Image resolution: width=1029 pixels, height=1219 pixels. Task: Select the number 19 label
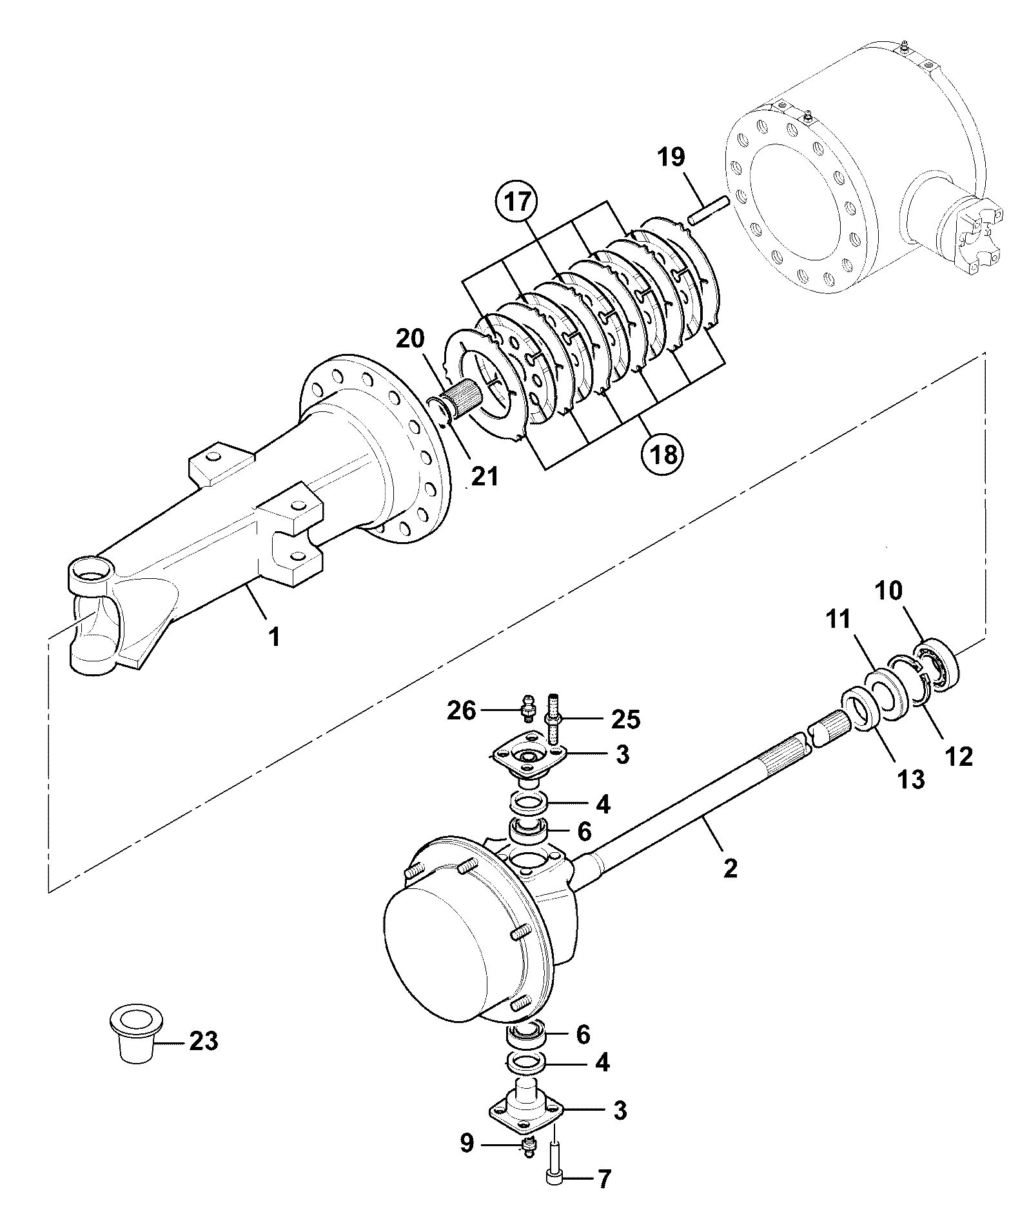coord(671,157)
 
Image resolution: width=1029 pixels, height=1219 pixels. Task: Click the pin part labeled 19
coord(709,210)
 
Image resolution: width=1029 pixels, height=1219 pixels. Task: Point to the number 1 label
coord(275,638)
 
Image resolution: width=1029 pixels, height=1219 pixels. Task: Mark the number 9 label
coord(467,1143)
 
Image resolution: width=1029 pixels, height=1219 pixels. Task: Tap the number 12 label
coord(958,756)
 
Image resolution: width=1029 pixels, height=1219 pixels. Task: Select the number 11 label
coord(838,621)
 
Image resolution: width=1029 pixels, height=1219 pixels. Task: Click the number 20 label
coord(411,340)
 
